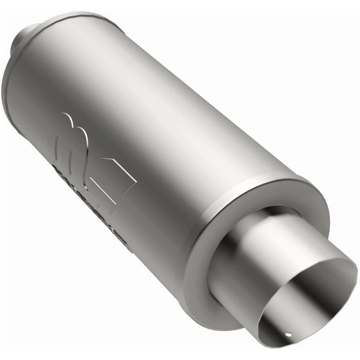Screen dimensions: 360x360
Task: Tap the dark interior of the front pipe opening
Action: [x=310, y=288]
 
